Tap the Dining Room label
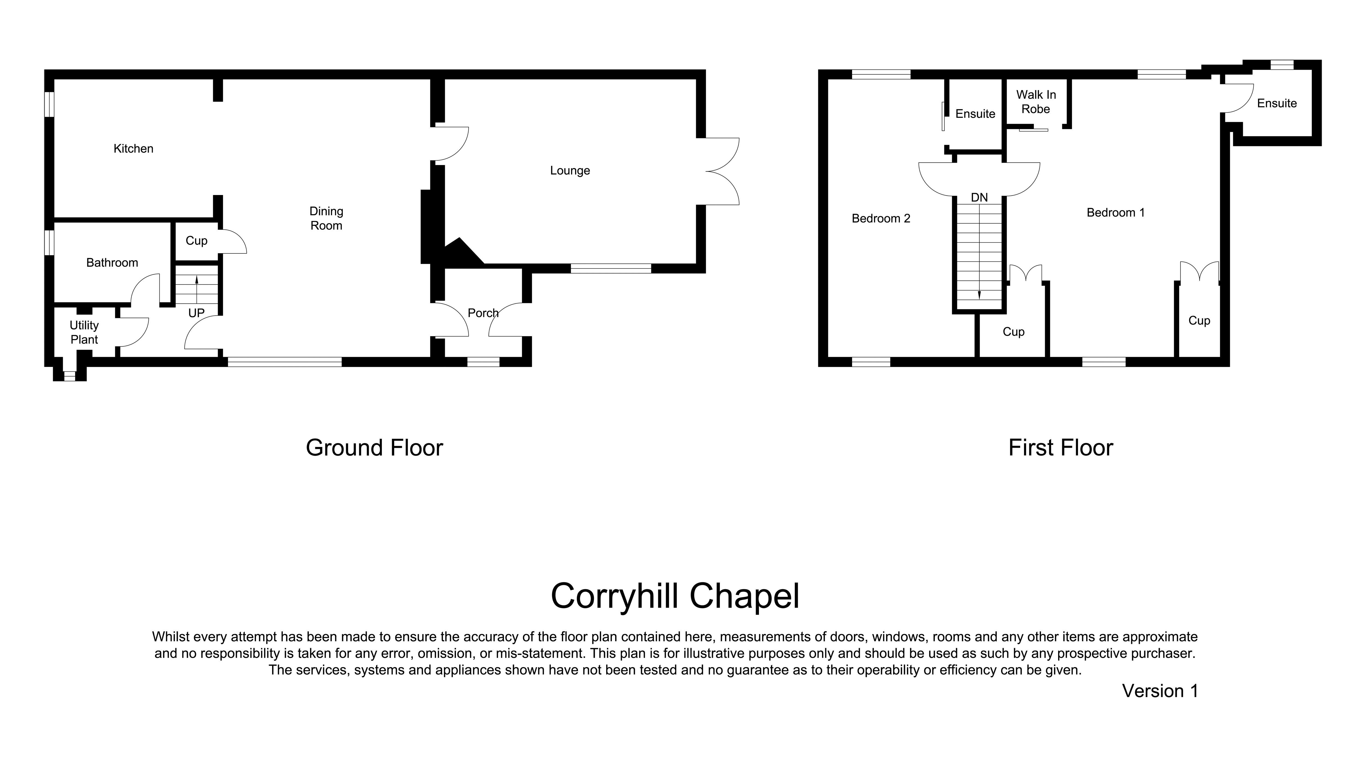[x=326, y=218]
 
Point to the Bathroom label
[x=112, y=263]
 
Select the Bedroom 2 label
[x=881, y=218]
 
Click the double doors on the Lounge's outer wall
[x=722, y=171]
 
